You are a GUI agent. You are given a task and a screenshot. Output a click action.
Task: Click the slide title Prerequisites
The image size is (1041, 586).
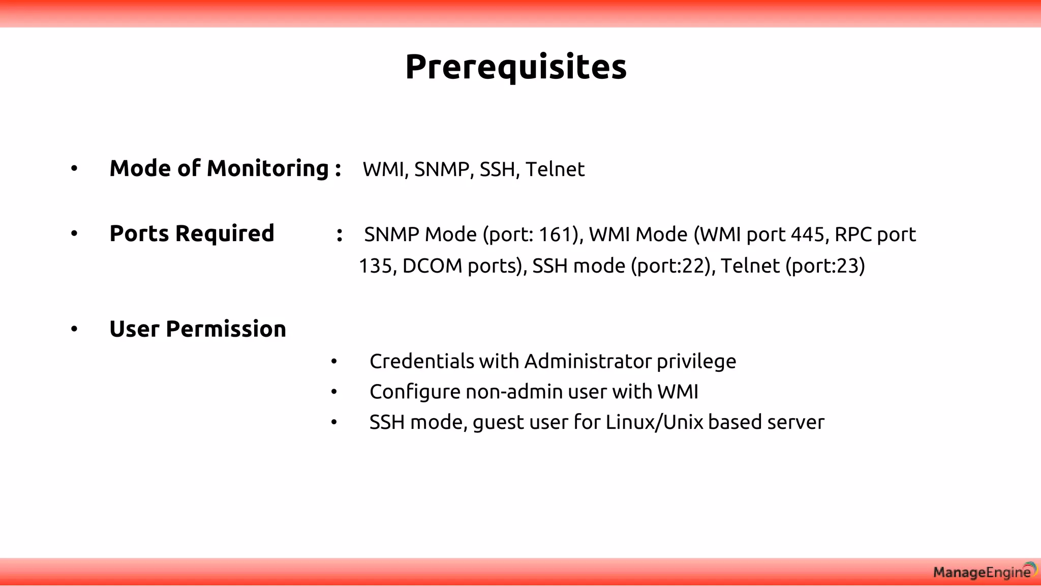click(x=516, y=67)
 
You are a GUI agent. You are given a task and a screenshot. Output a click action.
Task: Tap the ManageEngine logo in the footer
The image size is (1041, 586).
click(x=984, y=572)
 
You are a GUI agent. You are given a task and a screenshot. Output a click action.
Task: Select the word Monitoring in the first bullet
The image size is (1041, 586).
click(x=268, y=169)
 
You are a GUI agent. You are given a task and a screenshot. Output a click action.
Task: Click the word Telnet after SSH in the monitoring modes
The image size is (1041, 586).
click(x=555, y=169)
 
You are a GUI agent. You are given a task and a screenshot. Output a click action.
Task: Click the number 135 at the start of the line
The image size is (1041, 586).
click(x=375, y=266)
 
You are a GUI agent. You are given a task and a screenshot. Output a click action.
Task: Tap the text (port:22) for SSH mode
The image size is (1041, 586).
click(x=670, y=266)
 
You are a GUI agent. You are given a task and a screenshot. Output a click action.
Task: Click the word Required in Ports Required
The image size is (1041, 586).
click(x=225, y=234)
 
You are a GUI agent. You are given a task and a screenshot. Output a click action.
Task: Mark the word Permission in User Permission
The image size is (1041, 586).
click(x=226, y=329)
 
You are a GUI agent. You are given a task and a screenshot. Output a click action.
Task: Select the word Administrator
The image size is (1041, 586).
click(x=588, y=362)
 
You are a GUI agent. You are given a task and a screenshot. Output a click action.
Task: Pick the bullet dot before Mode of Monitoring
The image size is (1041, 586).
click(x=74, y=168)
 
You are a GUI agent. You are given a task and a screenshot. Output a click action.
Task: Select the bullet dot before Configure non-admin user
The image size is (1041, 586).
click(x=334, y=392)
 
